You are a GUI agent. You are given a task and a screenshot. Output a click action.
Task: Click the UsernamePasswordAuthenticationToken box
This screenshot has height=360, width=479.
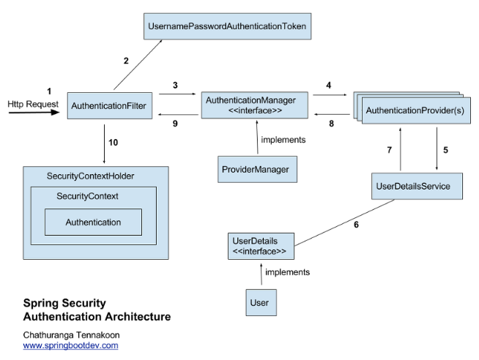coord(226,26)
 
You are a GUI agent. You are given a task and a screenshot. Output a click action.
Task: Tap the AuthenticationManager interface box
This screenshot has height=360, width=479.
coord(250,105)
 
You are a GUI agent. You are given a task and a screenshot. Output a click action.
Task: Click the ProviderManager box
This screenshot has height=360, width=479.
coord(255,170)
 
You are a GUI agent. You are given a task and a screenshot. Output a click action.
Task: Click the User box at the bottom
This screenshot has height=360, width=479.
coord(259,301)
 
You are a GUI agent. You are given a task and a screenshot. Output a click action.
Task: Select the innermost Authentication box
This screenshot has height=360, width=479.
coord(93,222)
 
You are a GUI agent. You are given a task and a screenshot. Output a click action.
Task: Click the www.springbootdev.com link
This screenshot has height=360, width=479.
coord(70,345)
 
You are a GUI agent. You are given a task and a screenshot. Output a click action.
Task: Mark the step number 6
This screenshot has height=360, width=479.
coord(356,225)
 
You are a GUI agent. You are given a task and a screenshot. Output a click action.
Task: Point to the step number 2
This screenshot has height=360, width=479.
coord(126,61)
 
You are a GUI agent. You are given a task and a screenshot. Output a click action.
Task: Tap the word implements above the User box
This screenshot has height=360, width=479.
coord(287,272)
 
